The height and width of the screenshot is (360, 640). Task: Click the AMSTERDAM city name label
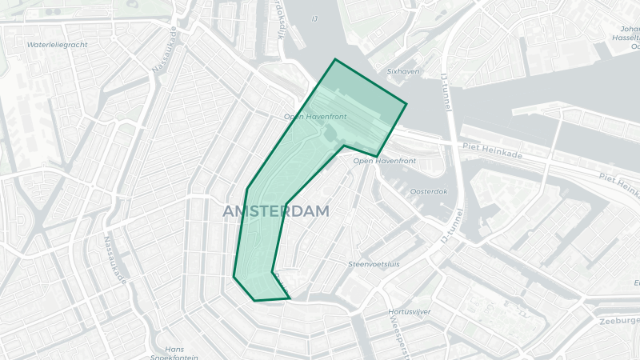277,211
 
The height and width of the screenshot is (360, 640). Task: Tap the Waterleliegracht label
56,45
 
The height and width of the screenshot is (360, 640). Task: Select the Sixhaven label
402,71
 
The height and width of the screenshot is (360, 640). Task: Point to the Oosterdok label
428,191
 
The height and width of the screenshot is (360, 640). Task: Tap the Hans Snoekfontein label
174,353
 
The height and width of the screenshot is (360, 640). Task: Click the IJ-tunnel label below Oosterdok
452,227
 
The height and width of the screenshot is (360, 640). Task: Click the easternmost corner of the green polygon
406,104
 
